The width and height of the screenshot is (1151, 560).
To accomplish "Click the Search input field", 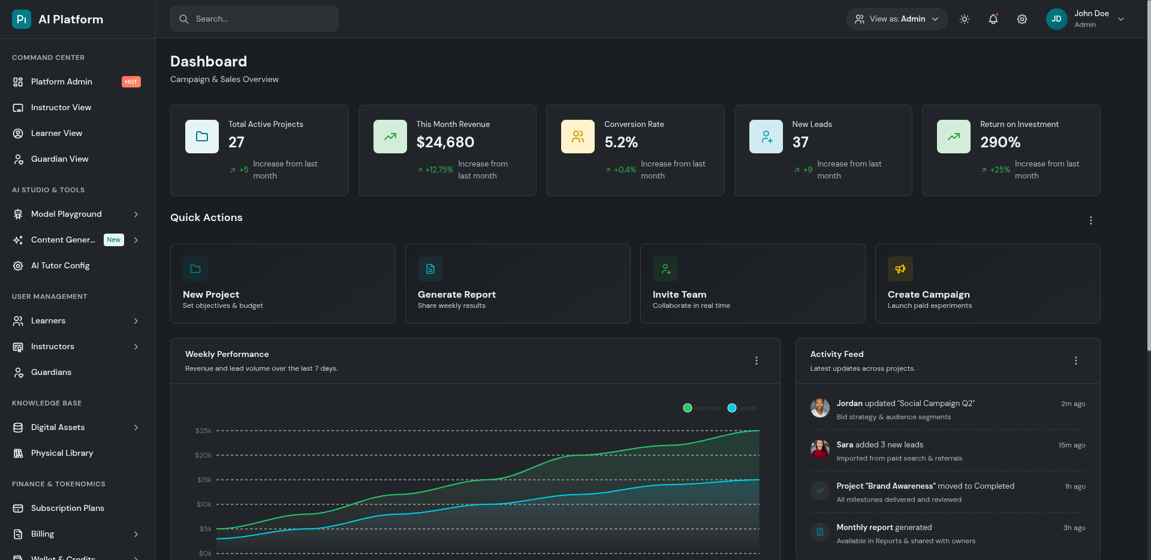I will tap(254, 19).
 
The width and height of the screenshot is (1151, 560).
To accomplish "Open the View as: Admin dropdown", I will tap(896, 19).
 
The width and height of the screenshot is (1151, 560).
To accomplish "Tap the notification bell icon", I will tap(993, 19).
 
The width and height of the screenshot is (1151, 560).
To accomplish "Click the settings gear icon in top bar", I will tap(1022, 19).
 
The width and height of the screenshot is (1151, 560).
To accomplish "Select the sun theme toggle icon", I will tap(964, 19).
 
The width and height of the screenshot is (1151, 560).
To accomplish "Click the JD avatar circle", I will tap(1056, 19).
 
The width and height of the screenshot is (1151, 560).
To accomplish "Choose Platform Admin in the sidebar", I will tap(62, 82).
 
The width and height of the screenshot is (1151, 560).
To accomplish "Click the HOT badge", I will tap(131, 82).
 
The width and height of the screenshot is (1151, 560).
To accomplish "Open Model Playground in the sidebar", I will tap(67, 214).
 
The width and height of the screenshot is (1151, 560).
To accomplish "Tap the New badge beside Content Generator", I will tap(114, 240).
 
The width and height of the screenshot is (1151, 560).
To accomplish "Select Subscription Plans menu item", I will tap(68, 508).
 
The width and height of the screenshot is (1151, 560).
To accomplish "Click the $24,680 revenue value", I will tap(445, 143).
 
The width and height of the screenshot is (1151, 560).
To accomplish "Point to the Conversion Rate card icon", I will tap(577, 137).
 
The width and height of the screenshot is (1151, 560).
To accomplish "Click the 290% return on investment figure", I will tap(1000, 143).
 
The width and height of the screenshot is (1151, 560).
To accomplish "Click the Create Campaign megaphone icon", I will tap(900, 269).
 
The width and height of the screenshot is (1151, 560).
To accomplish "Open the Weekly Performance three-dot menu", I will tap(756, 361).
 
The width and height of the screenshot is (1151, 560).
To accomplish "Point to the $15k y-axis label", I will tap(204, 480).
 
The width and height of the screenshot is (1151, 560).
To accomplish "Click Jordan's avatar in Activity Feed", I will tap(819, 408).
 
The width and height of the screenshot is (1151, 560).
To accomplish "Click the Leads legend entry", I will tap(742, 408).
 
